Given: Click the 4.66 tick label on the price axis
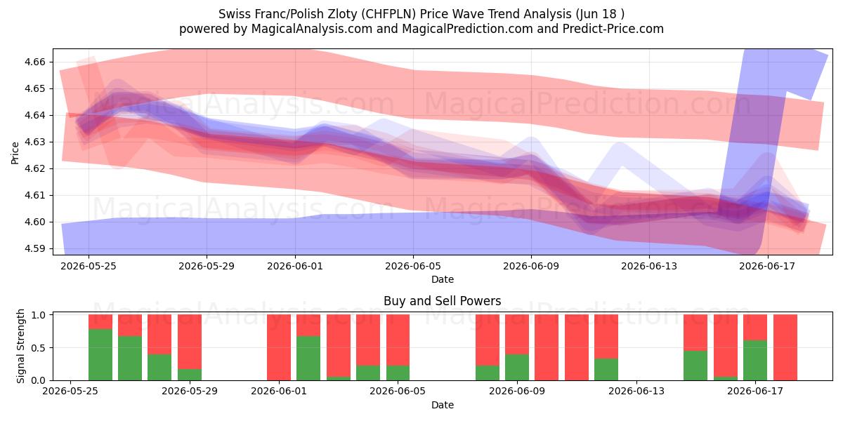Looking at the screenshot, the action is (34, 62).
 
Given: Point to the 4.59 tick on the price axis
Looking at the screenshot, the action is (34, 249).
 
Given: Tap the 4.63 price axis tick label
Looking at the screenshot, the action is (34, 142).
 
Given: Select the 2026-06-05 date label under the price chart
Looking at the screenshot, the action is (413, 266).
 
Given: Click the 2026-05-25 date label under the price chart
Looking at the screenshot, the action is (89, 266).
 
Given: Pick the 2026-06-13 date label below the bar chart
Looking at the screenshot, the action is (636, 392).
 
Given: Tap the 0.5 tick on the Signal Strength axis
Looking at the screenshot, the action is (39, 348).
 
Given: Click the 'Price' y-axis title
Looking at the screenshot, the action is (15, 153).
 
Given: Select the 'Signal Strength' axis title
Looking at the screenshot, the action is (20, 346).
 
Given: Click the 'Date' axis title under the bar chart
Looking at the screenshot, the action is (442, 406).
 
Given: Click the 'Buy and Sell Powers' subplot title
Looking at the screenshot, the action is (442, 301).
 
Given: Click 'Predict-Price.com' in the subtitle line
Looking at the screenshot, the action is (613, 29).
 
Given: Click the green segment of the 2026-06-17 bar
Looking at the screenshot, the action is (755, 361).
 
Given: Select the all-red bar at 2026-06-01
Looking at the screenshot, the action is (279, 347).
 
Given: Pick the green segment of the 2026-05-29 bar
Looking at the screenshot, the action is (190, 375).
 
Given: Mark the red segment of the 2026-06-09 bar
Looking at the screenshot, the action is (517, 335).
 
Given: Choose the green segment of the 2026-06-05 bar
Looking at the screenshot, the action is (398, 373).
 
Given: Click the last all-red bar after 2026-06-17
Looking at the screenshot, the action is (785, 347).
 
